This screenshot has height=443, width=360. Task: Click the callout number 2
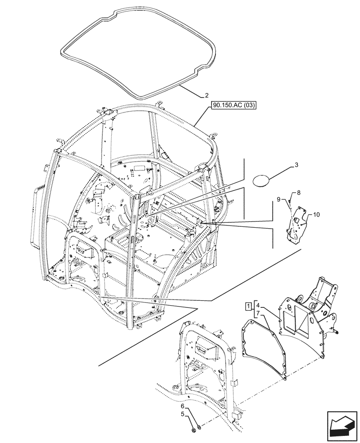tap(206, 95)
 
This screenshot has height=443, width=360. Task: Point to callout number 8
tap(299, 193)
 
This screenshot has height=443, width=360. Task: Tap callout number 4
tap(258, 306)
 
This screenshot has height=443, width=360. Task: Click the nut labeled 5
tap(193, 429)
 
